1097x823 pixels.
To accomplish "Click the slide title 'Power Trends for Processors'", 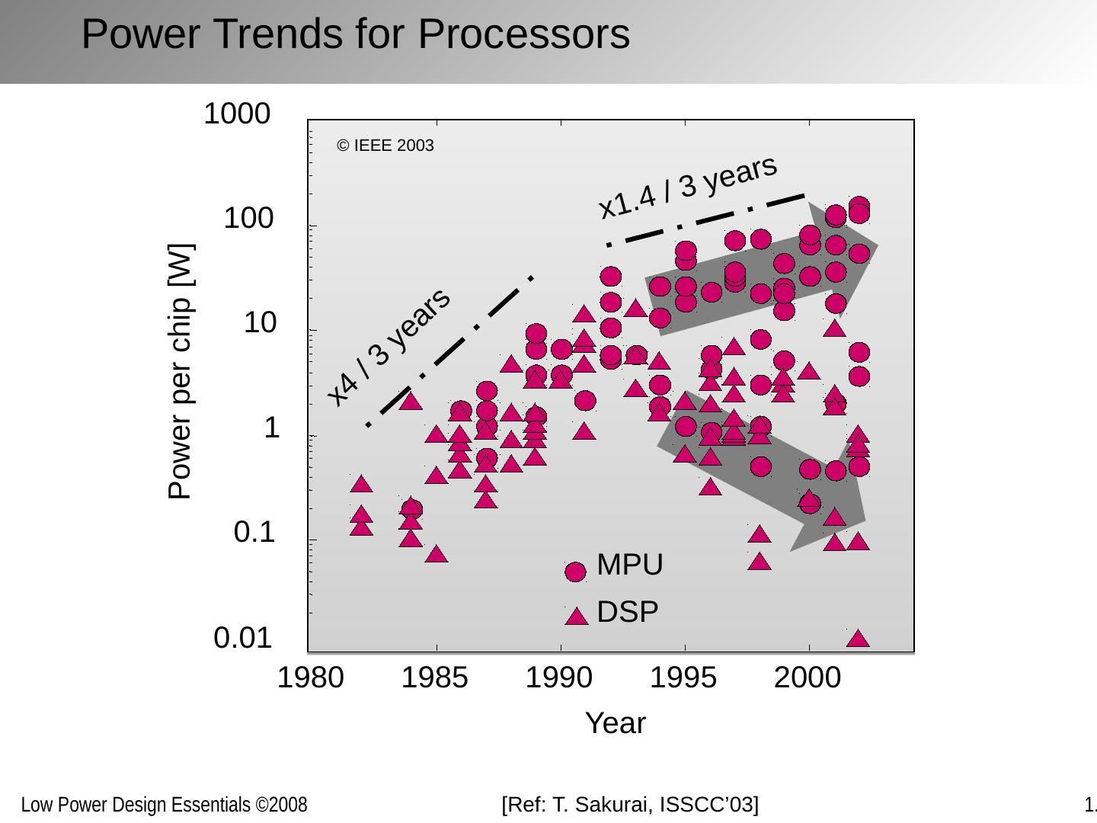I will (x=355, y=34).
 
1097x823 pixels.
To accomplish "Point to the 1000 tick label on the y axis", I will (x=236, y=114).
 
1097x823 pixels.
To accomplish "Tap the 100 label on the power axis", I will (x=248, y=219).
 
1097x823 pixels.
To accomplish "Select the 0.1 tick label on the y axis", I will (x=254, y=533).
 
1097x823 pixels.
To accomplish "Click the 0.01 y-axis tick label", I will (x=243, y=638).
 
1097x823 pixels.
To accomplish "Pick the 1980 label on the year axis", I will (x=310, y=677).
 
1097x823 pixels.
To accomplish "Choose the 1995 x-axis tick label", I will (x=683, y=677).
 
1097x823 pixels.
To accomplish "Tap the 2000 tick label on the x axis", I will (x=808, y=677).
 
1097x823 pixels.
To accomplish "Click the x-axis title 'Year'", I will (x=615, y=723).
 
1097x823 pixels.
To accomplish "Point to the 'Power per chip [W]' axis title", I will (x=181, y=371).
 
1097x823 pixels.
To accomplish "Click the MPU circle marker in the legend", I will (x=576, y=572).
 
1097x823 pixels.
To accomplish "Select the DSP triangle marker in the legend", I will (x=577, y=616).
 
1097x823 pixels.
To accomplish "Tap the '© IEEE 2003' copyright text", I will (x=385, y=146).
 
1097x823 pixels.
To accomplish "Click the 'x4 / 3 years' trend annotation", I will (x=389, y=347).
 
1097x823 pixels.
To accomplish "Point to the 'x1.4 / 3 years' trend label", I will (x=687, y=187).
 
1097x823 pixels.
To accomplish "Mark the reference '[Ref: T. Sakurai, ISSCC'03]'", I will (x=630, y=804).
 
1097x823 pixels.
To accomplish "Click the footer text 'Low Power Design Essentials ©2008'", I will (x=164, y=805).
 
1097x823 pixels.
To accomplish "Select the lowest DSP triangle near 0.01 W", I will (x=858, y=639).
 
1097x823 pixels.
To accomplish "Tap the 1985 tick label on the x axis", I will (x=434, y=677).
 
